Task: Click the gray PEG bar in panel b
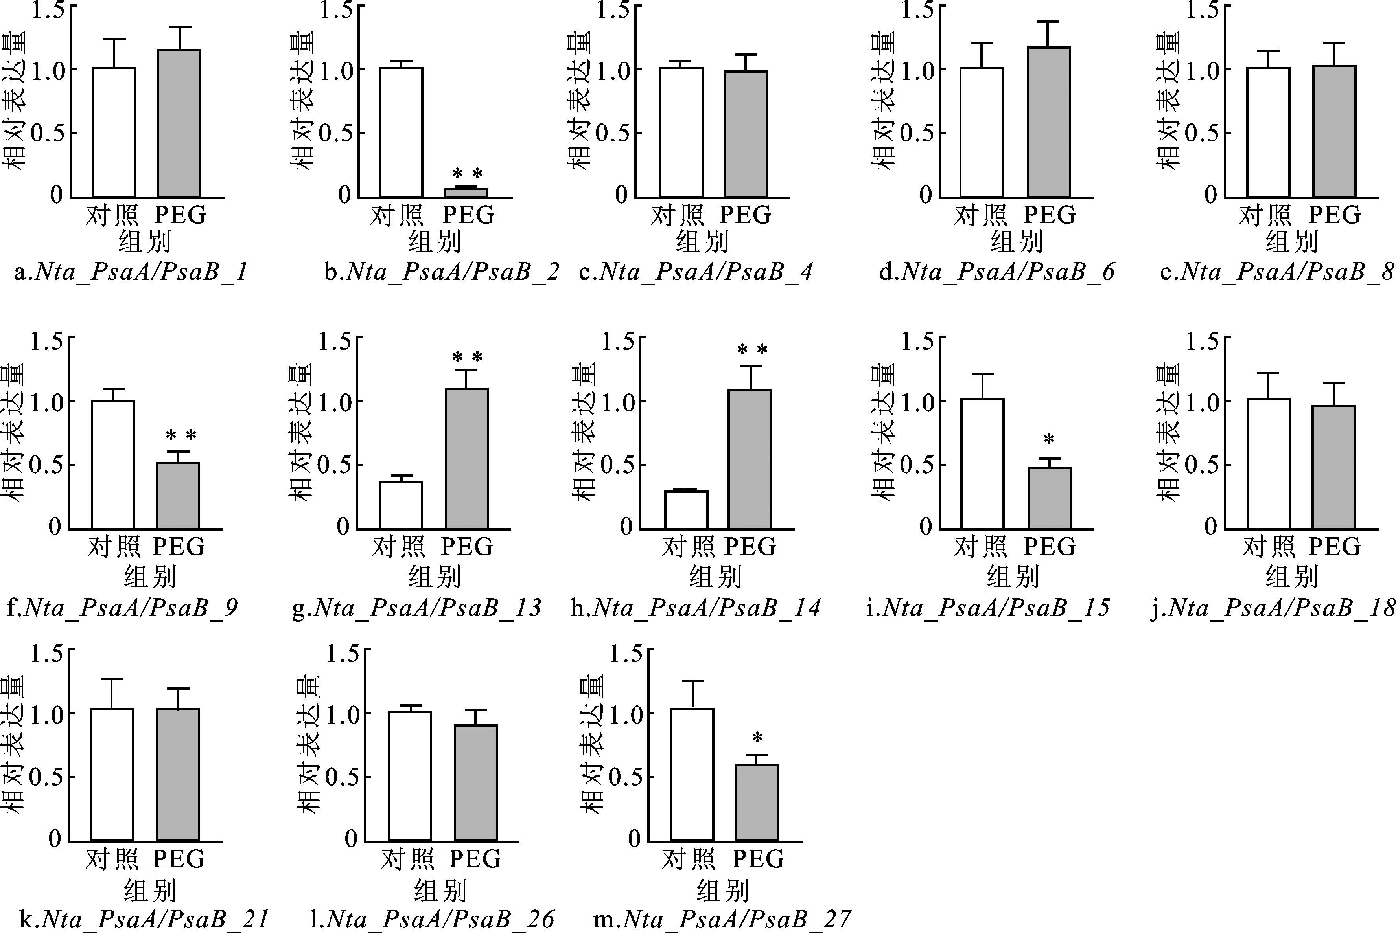tap(466, 192)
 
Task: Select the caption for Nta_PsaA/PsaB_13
tap(417, 608)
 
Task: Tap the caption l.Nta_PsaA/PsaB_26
tap(432, 919)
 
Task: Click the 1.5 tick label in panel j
tap(1201, 342)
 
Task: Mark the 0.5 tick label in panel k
tap(45, 777)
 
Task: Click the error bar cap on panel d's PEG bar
tap(1048, 22)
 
